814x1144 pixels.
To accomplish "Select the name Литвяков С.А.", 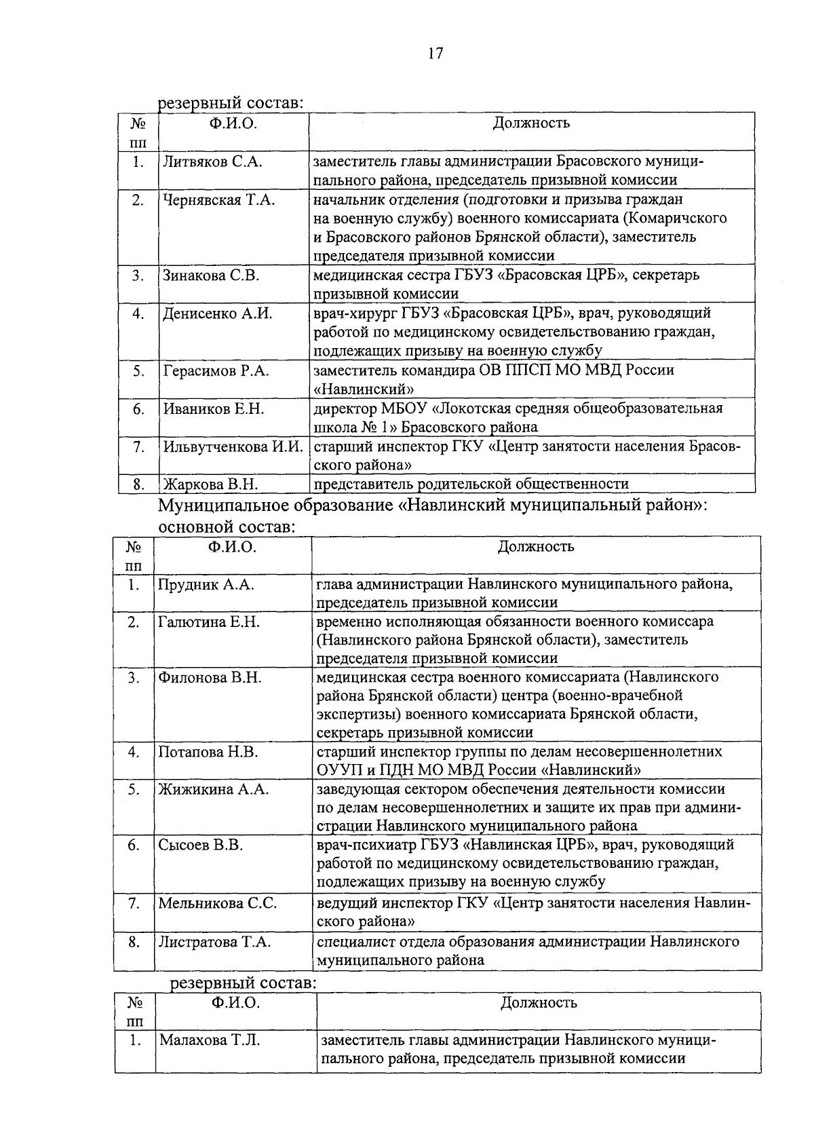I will tap(212, 161).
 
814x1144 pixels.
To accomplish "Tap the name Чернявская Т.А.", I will tap(218, 199).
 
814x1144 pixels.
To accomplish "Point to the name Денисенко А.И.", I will tap(218, 313).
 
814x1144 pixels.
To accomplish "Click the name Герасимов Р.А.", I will tap(216, 370).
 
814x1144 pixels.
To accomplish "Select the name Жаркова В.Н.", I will tap(210, 484).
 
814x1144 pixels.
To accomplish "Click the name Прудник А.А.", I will tap(206, 584).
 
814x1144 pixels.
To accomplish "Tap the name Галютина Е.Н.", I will tap(209, 622).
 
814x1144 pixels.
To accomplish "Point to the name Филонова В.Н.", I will tap(210, 677).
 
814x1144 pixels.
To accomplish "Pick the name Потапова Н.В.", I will tap(208, 752).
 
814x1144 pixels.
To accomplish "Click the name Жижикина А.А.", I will tap(214, 789).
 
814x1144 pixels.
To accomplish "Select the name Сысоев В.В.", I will tap(200, 845).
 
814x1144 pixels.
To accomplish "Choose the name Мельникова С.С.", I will tap(217, 903).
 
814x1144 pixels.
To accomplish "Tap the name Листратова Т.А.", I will tap(214, 942).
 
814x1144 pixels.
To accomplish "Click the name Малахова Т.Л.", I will tap(210, 1040).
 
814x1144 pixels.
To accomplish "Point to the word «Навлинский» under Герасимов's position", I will tap(364, 389).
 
